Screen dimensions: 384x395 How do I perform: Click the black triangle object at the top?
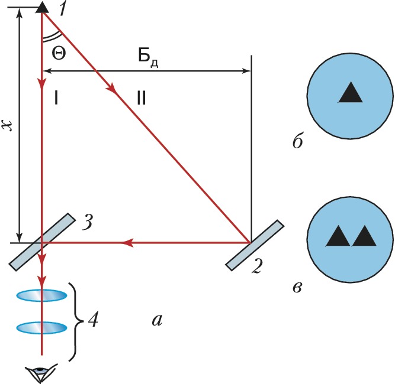point(41,7)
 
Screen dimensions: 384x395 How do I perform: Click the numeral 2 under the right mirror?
point(256,268)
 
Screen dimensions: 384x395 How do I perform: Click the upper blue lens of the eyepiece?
point(41,295)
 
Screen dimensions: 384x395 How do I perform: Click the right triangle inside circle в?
point(364,236)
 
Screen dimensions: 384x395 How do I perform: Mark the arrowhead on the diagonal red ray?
point(111,89)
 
